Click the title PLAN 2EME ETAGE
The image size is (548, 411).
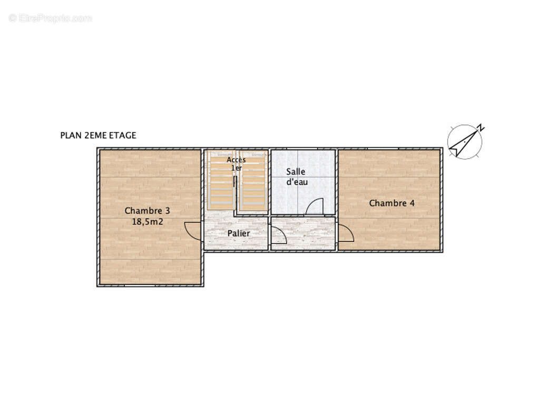(98, 135)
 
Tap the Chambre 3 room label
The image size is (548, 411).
(147, 211)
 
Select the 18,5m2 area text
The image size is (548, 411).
(148, 222)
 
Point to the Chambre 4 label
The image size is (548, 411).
(392, 203)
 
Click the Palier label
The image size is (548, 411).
(239, 233)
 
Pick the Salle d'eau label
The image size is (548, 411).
(297, 177)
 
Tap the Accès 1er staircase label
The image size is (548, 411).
(236, 164)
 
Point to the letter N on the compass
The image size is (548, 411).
(481, 128)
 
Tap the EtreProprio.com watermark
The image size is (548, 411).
(51, 18)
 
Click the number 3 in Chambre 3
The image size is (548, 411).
(168, 211)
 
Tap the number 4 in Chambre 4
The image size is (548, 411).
(412, 203)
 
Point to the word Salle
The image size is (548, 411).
(296, 172)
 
